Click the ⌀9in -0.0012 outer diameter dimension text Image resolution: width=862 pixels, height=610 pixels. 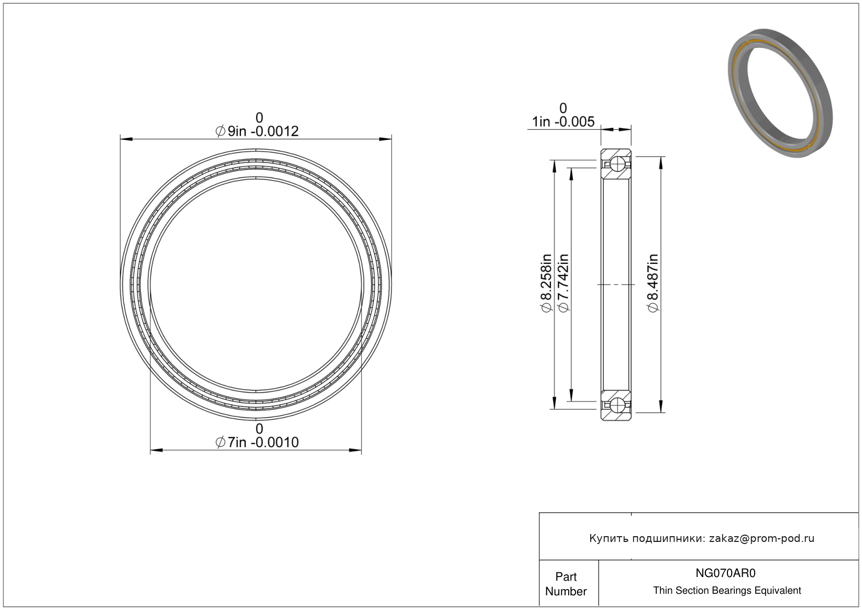coord(257,131)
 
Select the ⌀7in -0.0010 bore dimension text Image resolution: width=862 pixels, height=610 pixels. coord(257,442)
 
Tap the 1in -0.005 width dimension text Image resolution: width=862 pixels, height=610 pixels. coord(563,122)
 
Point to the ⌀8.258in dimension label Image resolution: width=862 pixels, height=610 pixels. coord(546,283)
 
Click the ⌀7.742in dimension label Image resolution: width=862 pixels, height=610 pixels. coord(563,283)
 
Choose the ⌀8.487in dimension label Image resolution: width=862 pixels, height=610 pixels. coord(653,283)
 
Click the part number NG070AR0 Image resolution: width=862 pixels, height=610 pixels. coord(725,573)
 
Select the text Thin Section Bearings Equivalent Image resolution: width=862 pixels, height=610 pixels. coord(727,591)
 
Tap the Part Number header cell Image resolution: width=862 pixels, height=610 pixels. coord(566,584)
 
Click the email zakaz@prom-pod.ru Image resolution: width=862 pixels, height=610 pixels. coord(761,538)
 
